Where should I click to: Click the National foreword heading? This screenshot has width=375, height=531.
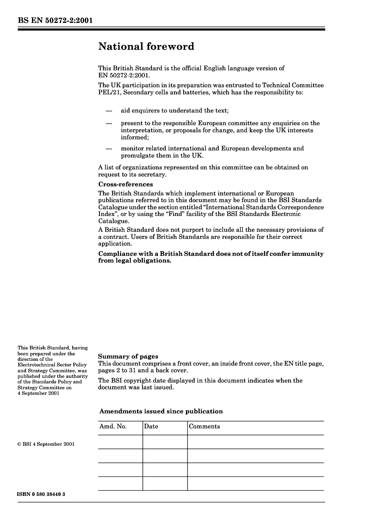(x=146, y=47)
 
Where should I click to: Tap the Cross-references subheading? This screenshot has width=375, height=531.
(x=126, y=184)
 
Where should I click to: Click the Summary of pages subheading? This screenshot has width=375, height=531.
(x=128, y=357)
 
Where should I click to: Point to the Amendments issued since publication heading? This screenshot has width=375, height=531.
(x=161, y=411)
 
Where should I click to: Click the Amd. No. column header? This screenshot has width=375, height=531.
(x=113, y=427)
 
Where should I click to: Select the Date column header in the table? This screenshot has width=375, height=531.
(x=151, y=427)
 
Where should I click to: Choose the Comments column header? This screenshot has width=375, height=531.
(x=204, y=427)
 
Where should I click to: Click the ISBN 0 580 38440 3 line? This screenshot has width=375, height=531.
(x=41, y=494)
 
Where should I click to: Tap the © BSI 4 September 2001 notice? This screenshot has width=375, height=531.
(x=46, y=444)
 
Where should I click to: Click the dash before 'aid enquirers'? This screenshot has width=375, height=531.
(x=109, y=111)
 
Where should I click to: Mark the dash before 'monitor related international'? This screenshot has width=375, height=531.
(x=109, y=149)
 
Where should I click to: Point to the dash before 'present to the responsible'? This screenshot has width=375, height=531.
(x=109, y=124)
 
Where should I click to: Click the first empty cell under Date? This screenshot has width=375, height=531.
(x=165, y=442)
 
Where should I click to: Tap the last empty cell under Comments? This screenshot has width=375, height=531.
(x=255, y=484)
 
